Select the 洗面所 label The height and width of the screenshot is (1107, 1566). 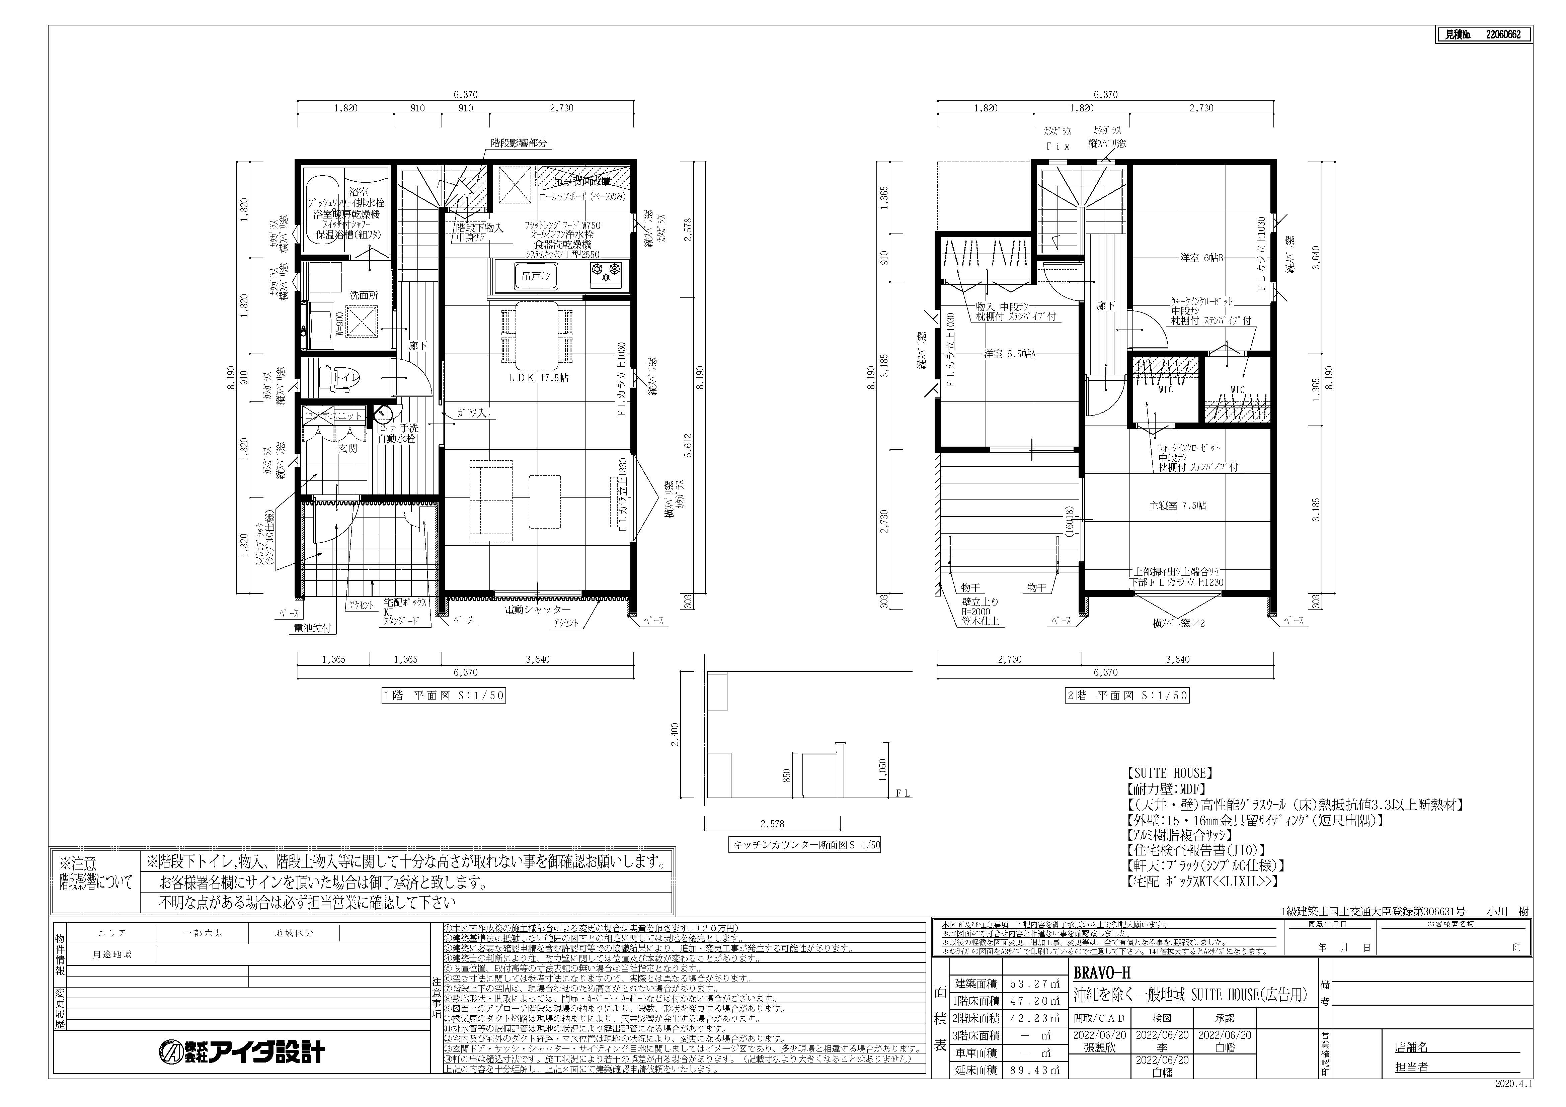pyautogui.click(x=364, y=295)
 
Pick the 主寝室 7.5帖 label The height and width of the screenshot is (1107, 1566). pyautogui.click(x=1177, y=505)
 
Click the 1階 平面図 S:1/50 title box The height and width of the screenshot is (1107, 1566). pyautogui.click(x=443, y=696)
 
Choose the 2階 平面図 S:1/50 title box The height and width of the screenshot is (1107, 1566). pyautogui.click(x=1127, y=696)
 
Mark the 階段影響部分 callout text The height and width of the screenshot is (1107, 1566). pyautogui.click(x=518, y=144)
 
